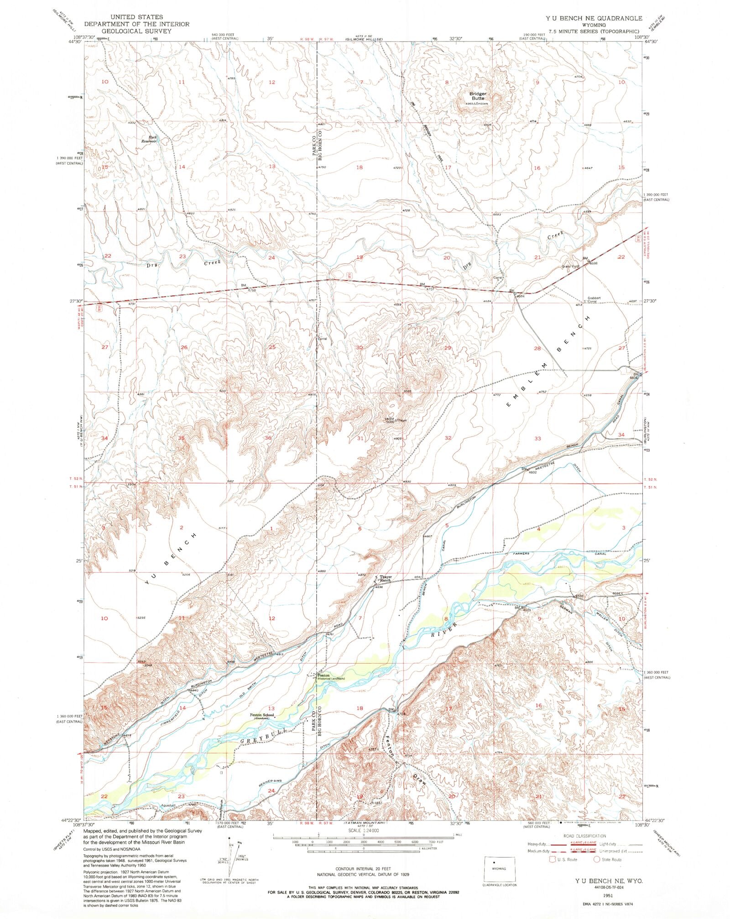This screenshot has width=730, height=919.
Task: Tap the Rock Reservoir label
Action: tap(149, 139)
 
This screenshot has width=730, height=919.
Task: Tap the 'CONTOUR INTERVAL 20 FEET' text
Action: tap(363, 871)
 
